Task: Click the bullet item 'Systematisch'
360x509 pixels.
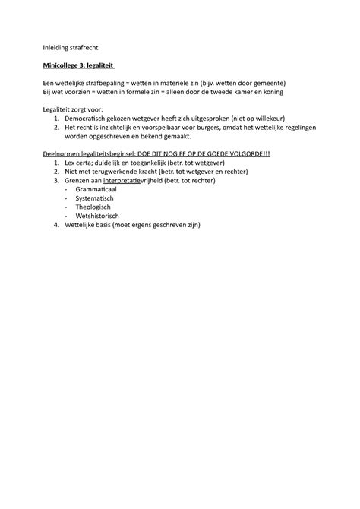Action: click(x=95, y=201)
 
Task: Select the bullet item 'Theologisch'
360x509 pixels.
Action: click(x=93, y=210)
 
